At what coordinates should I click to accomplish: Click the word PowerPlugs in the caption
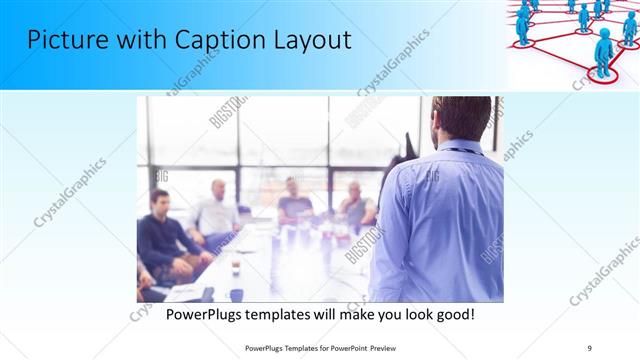[203, 313]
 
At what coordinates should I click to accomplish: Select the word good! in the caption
[452, 313]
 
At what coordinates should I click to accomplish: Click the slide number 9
[589, 348]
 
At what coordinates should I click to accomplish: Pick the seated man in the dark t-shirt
[294, 200]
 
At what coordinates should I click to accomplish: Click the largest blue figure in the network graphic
[603, 50]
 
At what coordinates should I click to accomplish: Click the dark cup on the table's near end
[207, 294]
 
